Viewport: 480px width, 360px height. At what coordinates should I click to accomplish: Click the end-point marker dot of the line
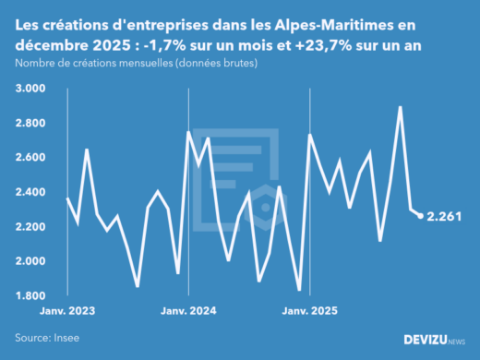(421, 216)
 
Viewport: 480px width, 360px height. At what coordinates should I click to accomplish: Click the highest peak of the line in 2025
(400, 107)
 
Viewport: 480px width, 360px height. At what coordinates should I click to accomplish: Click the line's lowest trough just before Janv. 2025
(299, 290)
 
